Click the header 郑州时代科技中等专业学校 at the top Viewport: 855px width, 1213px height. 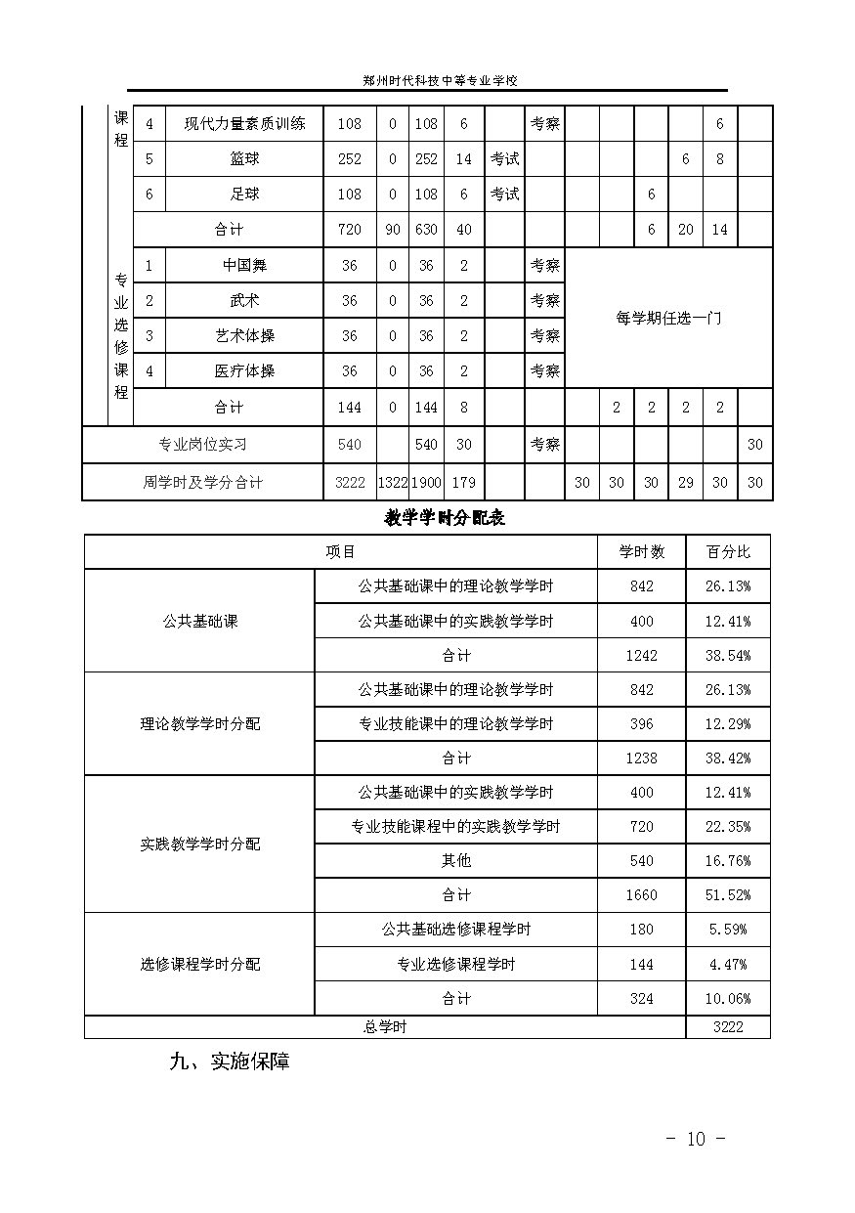point(426,82)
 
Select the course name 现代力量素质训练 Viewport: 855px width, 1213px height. point(244,124)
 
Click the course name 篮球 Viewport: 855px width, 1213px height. point(244,159)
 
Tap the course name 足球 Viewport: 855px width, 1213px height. point(244,195)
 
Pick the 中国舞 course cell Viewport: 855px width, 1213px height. point(244,266)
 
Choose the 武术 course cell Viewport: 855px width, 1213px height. point(244,301)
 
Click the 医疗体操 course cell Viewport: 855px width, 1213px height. point(244,371)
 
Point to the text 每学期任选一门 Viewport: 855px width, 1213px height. point(668,319)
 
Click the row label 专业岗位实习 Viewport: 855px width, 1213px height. point(203,445)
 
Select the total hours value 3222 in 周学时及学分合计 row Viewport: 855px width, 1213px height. point(349,483)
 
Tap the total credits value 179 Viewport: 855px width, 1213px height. point(463,483)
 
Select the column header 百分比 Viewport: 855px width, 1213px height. point(728,552)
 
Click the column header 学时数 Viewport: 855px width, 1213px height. point(641,552)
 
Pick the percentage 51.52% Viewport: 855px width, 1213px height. point(728,895)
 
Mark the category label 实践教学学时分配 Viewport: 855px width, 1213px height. point(200,844)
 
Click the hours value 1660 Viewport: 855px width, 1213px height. point(641,895)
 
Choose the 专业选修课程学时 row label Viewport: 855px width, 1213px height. point(455,965)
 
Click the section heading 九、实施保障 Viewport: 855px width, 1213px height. point(230,1061)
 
